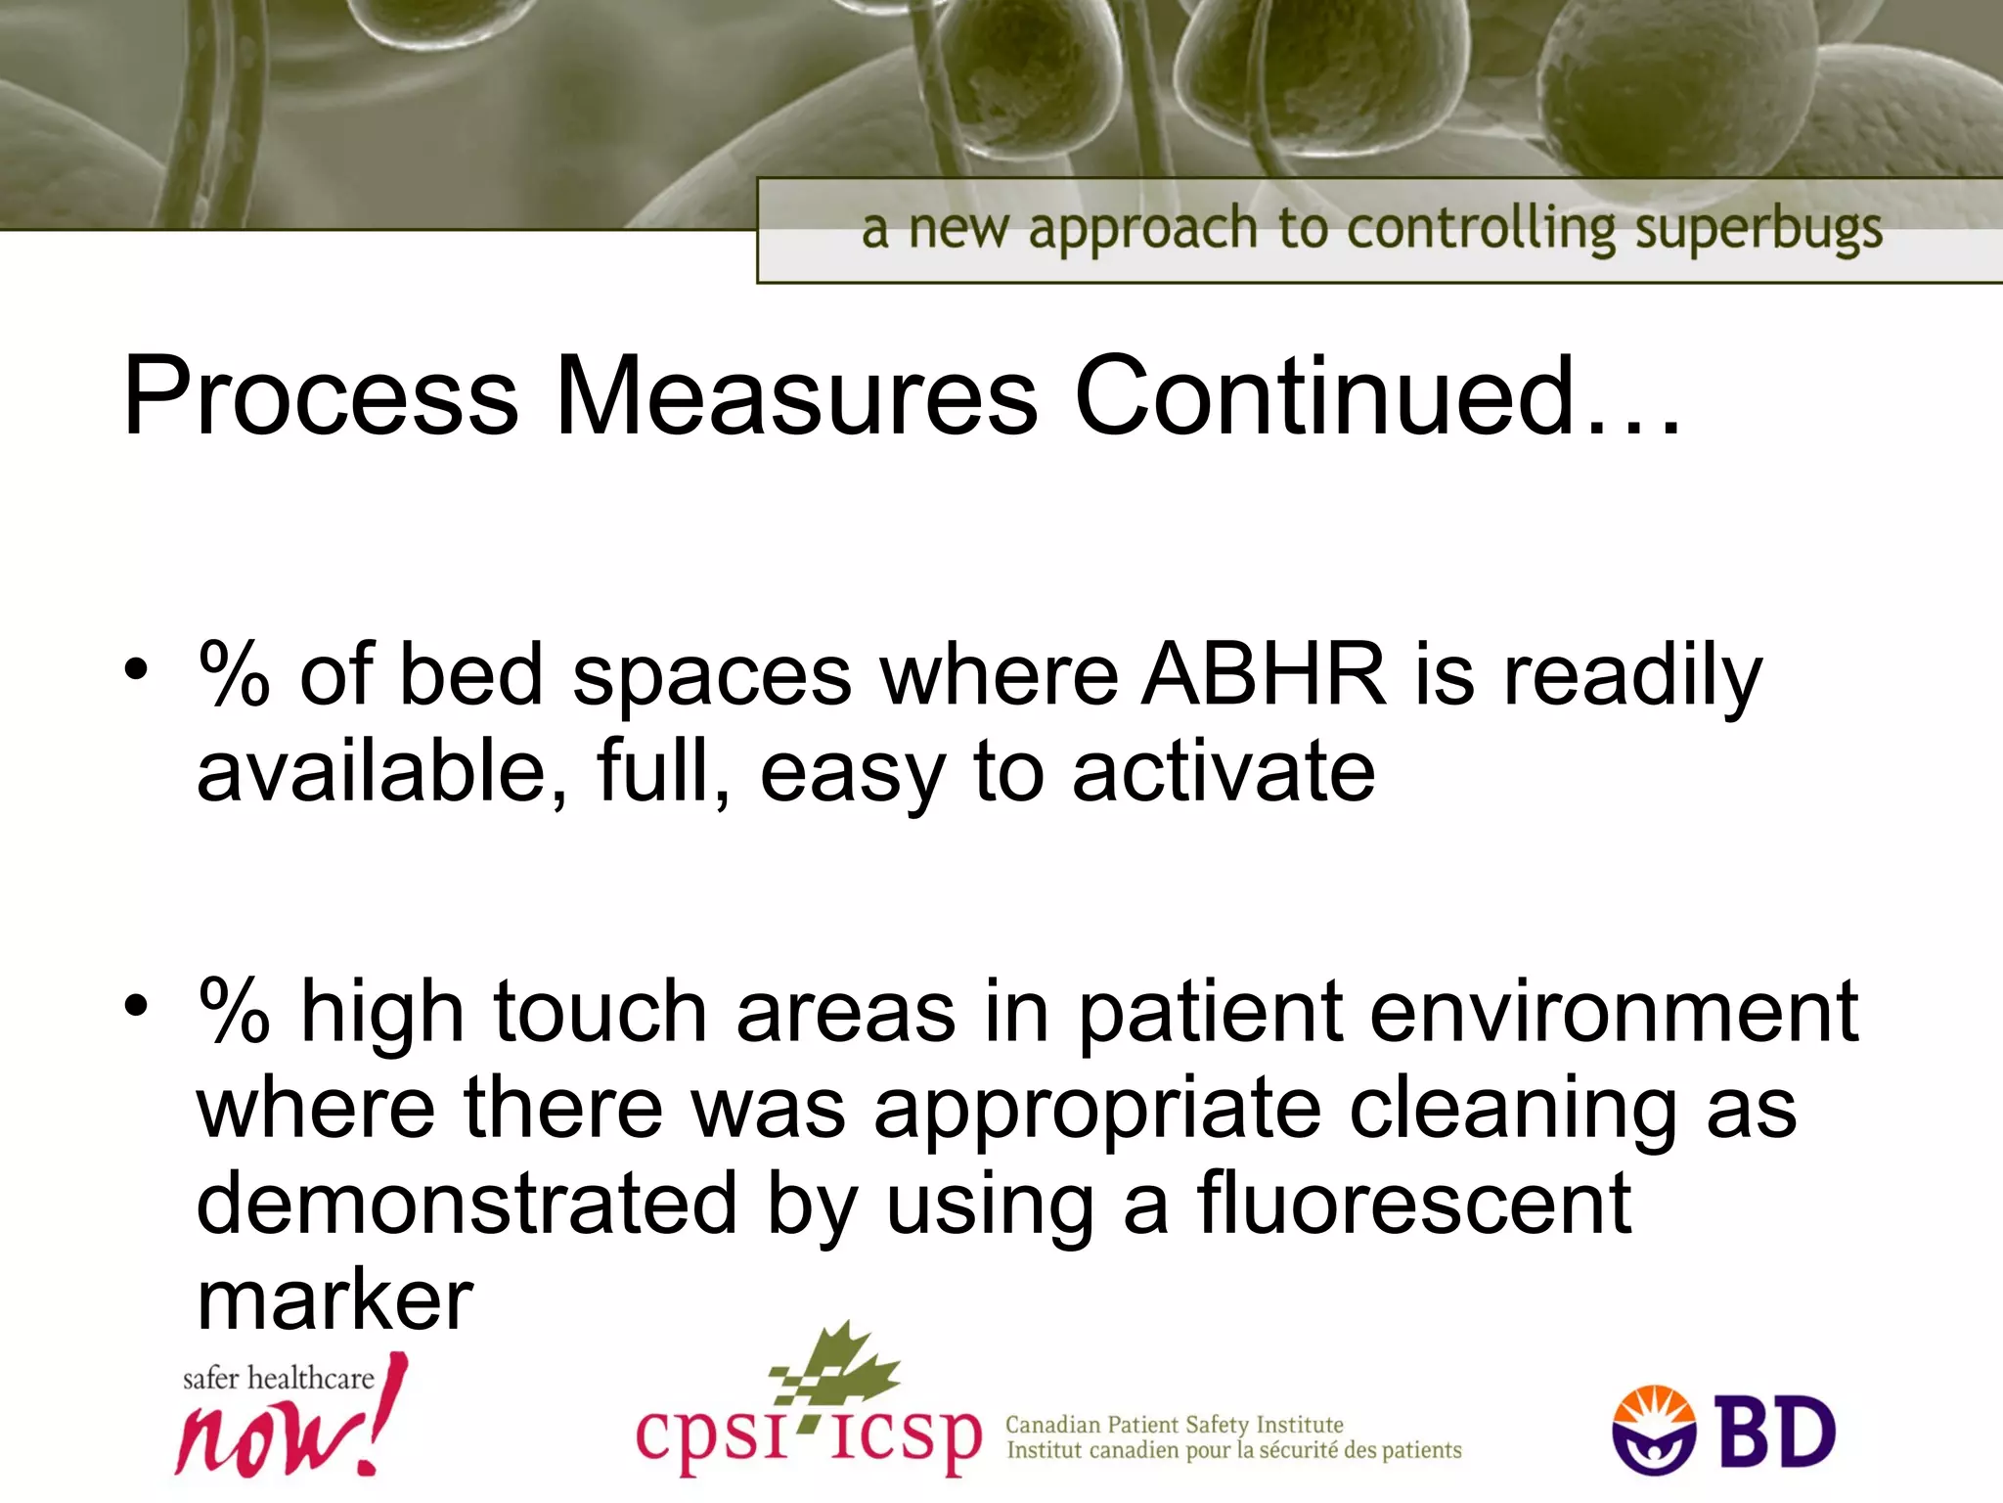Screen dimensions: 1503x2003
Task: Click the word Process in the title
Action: coord(321,397)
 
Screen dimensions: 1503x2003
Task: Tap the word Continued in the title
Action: coord(1324,397)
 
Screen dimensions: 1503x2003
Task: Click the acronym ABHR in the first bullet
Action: coord(1266,675)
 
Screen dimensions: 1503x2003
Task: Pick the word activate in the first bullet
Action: coord(1224,773)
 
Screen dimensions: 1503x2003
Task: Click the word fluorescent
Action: coord(1414,1204)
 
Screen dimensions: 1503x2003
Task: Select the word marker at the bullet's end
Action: coord(335,1299)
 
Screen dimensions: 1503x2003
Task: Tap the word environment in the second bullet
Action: coord(1614,1012)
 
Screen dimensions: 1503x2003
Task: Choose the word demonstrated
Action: coord(467,1204)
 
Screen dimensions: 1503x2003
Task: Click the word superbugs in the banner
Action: coord(1758,231)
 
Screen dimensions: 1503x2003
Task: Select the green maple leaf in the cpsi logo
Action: coord(840,1365)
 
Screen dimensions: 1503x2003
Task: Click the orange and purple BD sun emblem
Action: coord(1654,1430)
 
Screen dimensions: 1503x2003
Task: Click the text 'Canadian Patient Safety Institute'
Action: coord(1174,1425)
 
